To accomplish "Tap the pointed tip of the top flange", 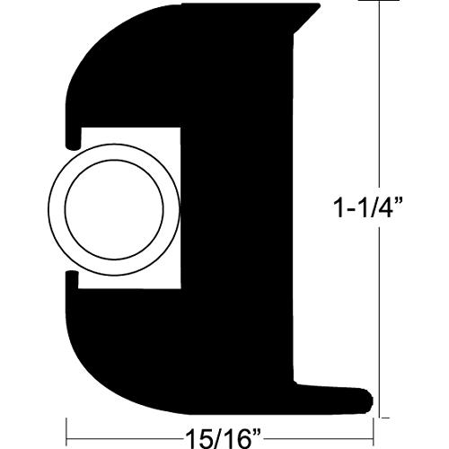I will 316,6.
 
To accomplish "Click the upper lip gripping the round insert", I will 70,136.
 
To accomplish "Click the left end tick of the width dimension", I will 64,430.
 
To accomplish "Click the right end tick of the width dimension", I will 376,430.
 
